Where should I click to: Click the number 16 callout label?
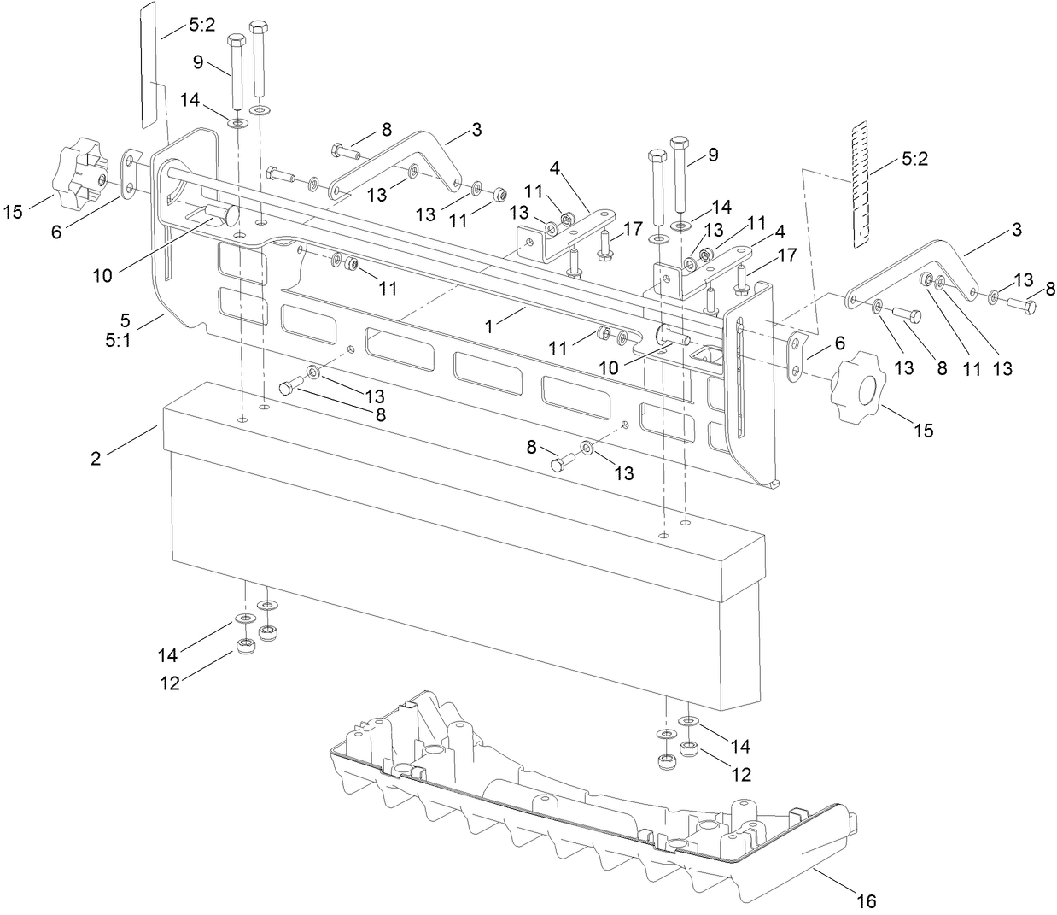[x=867, y=900]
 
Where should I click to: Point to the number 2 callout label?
[x=96, y=458]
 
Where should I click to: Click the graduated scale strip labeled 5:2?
[x=863, y=183]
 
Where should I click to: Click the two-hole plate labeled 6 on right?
[x=796, y=356]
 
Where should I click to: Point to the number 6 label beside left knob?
[x=56, y=232]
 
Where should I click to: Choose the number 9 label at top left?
[x=197, y=62]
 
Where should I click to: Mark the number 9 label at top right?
[x=713, y=155]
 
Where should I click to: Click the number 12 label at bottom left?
[x=171, y=683]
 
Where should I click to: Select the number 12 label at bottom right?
[x=741, y=775]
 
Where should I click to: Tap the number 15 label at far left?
[x=14, y=211]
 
